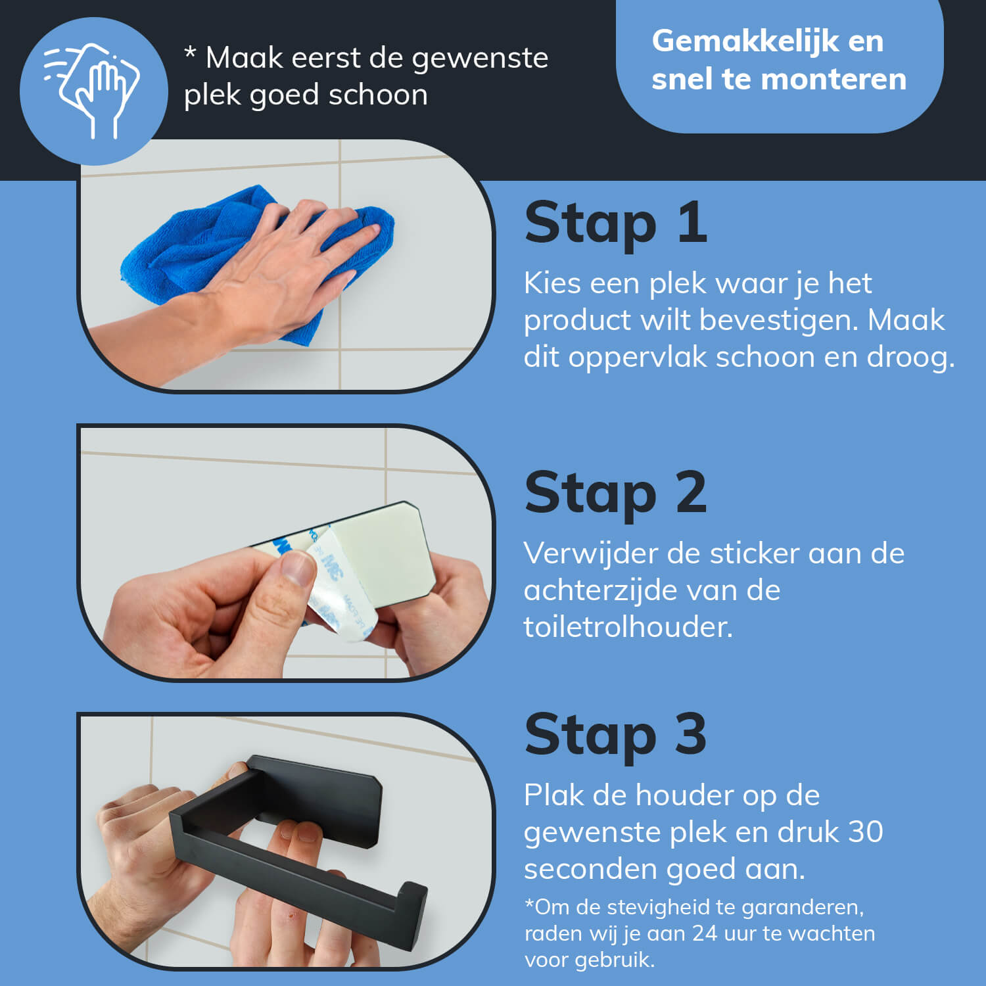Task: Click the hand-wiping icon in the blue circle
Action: pyautogui.click(x=92, y=90)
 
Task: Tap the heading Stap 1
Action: pyautogui.click(x=616, y=223)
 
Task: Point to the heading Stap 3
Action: pyautogui.click(x=616, y=734)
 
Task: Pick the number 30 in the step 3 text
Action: pyautogui.click(x=865, y=832)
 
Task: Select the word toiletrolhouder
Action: pyautogui.click(x=628, y=627)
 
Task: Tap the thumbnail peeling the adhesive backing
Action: pyautogui.click(x=286, y=553)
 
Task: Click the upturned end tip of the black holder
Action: pyautogui.click(x=411, y=887)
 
